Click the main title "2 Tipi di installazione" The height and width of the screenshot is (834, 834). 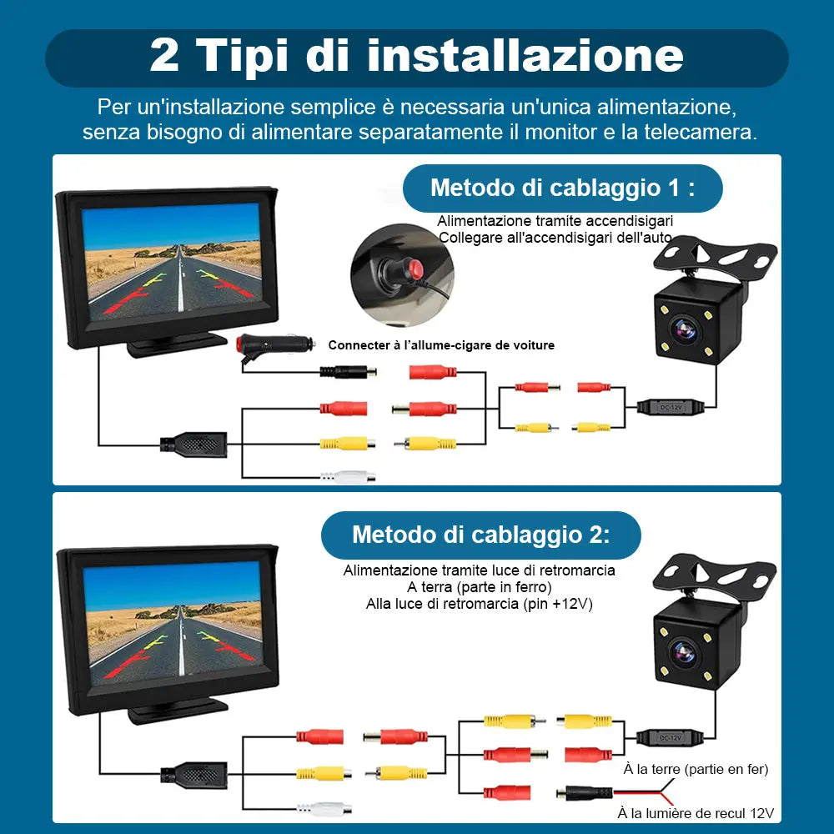click(416, 56)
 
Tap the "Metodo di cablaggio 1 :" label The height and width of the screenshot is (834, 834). click(562, 188)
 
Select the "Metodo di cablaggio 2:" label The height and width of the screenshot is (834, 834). click(480, 535)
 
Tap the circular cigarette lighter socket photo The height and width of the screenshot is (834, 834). click(402, 274)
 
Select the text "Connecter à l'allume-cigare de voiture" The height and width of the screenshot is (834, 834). click(441, 345)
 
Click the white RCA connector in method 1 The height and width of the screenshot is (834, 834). click(348, 477)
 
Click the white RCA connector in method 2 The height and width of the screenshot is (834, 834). click(324, 807)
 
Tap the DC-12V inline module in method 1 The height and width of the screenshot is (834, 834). click(670, 407)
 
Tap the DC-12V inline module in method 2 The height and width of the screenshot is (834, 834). click(669, 736)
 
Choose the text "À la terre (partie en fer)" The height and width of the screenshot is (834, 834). click(696, 769)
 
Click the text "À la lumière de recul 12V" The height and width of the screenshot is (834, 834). click(696, 813)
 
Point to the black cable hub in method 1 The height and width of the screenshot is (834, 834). click(193, 444)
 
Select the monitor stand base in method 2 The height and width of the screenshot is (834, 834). click(178, 711)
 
